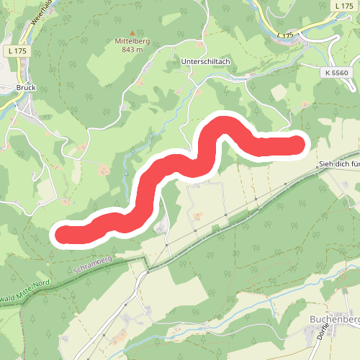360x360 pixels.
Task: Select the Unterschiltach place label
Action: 205,62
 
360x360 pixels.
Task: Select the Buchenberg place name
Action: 334,318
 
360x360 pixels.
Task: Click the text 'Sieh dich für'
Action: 338,165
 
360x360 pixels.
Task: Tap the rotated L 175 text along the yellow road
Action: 287,34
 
